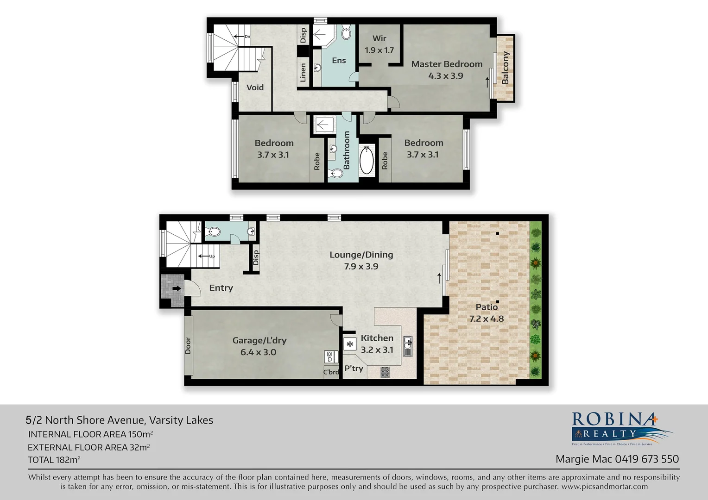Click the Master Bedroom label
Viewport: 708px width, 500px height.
(x=447, y=64)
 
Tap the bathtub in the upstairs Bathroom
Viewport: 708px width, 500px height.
(x=367, y=160)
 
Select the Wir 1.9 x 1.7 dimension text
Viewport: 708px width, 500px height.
(x=379, y=50)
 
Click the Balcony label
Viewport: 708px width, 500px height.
(x=505, y=68)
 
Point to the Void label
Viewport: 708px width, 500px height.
(x=255, y=87)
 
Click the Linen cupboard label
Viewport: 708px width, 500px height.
(x=303, y=73)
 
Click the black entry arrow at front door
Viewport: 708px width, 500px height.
(x=177, y=288)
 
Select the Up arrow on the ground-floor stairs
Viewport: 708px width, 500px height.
(x=206, y=256)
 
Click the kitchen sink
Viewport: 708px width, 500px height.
(x=408, y=346)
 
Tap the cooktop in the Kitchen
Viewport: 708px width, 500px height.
(x=385, y=372)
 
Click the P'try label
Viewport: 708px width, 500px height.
(x=354, y=369)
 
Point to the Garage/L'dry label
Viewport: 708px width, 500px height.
(x=259, y=341)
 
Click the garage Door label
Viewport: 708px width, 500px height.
(x=188, y=345)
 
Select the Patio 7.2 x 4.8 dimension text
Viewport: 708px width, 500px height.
(x=486, y=319)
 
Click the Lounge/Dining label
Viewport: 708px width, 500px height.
(x=361, y=255)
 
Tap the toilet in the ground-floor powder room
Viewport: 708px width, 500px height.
(x=213, y=232)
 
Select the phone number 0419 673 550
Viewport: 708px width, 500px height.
(x=647, y=459)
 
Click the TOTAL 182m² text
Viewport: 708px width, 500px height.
(x=54, y=460)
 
